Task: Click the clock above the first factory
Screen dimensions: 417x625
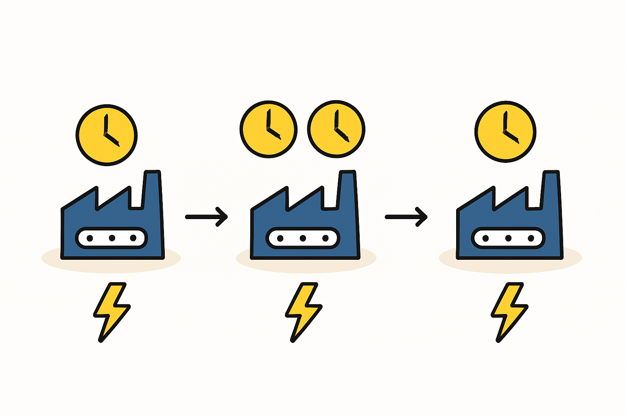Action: pyautogui.click(x=107, y=135)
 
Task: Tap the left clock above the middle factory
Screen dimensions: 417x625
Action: pyautogui.click(x=269, y=129)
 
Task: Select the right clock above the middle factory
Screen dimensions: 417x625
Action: pyautogui.click(x=336, y=129)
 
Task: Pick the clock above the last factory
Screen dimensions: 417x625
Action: pyautogui.click(x=505, y=132)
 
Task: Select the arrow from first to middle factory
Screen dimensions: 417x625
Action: pyautogui.click(x=206, y=217)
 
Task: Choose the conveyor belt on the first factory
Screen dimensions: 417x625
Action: pyautogui.click(x=111, y=238)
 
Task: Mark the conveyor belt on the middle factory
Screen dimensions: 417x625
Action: pyautogui.click(x=303, y=238)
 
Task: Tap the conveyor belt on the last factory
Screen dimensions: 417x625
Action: pyautogui.click(x=508, y=238)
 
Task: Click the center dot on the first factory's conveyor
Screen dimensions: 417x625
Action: pyautogui.click(x=111, y=238)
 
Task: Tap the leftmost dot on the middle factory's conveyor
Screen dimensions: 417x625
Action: pyautogui.click(x=280, y=238)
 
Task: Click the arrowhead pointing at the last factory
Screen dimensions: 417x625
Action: pyautogui.click(x=422, y=217)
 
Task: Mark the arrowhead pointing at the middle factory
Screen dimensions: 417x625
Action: pyautogui.click(x=223, y=217)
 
